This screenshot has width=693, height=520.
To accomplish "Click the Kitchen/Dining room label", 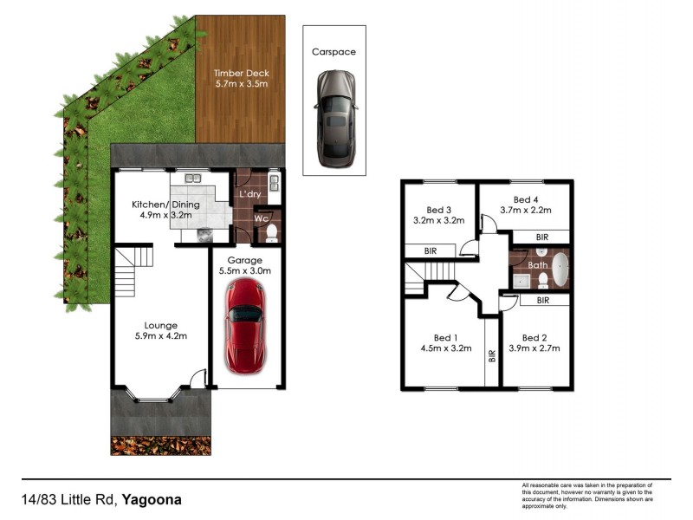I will click(165, 205).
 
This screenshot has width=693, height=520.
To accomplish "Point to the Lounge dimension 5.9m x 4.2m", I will click(161, 336).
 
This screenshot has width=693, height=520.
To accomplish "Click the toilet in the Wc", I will click(273, 232).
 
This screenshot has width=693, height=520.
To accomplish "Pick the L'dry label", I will click(250, 194).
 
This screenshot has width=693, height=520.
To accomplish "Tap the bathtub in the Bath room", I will click(560, 270).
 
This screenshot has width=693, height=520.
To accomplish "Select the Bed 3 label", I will click(440, 209).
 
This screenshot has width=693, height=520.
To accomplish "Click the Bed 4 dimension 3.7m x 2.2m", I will click(526, 211).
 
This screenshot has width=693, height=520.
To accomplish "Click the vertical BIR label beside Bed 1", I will click(492, 355).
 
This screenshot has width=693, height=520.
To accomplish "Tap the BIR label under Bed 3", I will click(430, 250).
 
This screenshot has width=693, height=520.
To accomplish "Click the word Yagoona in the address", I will click(152, 500).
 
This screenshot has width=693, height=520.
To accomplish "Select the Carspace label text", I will click(334, 52).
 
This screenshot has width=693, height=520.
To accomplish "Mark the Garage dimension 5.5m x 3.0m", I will click(244, 271).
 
